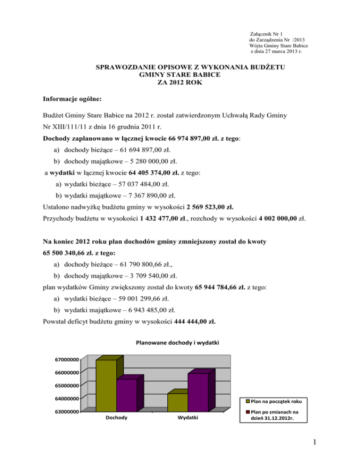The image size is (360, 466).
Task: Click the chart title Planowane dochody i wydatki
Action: [177, 343]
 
